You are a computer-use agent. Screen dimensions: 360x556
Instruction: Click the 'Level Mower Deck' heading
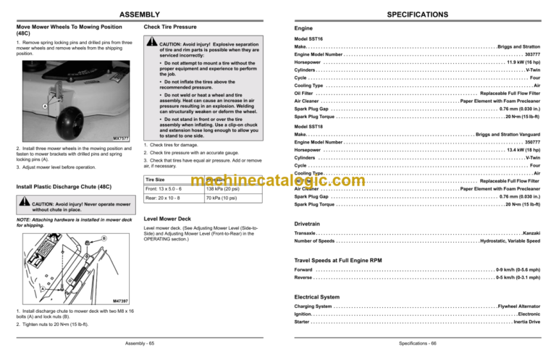click(x=168, y=218)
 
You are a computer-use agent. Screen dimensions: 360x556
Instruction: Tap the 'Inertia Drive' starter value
click(x=526, y=322)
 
